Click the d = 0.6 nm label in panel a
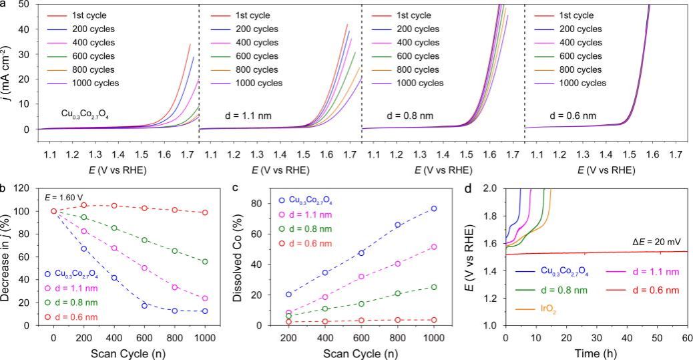point(576,115)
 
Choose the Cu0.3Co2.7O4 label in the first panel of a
point(83,116)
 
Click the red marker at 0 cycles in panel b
point(54,211)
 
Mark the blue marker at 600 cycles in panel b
point(144,305)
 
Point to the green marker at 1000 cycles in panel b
point(204,262)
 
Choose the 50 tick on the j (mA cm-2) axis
point(23,4)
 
